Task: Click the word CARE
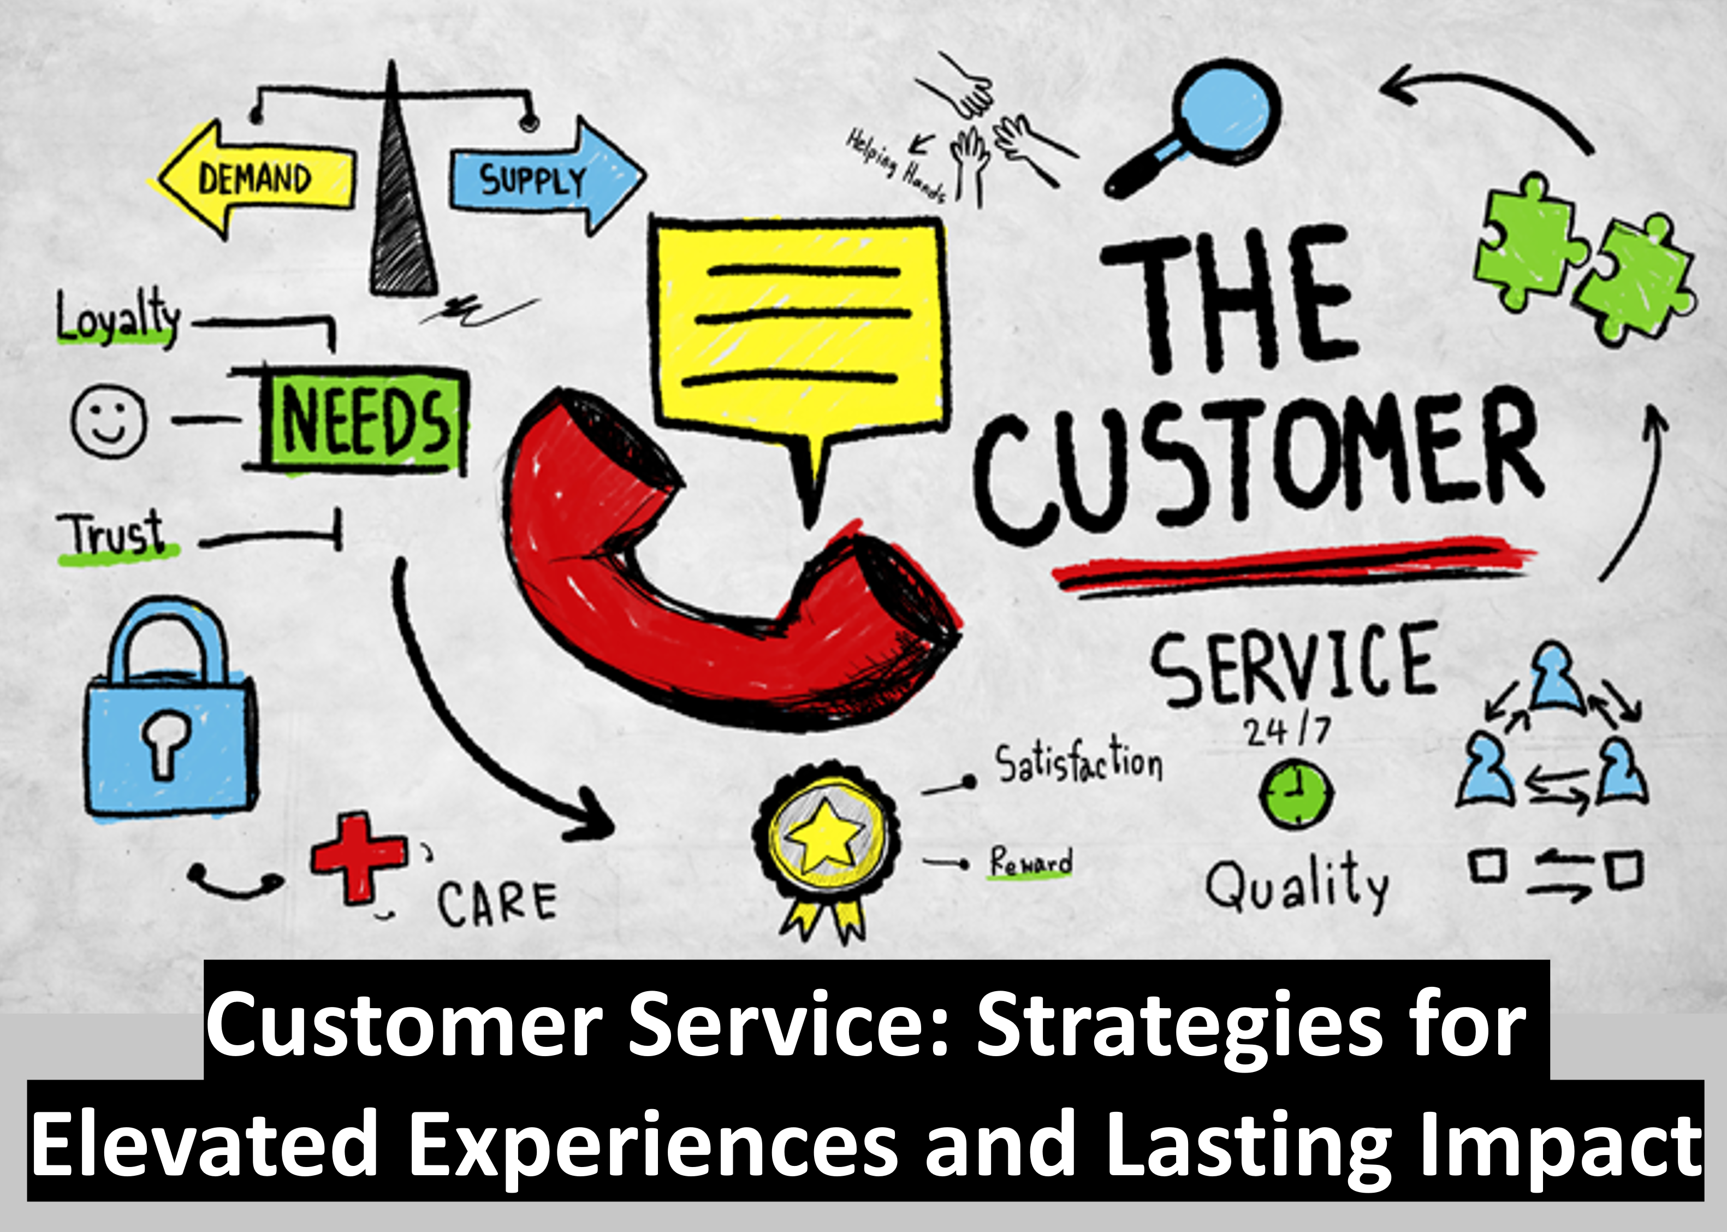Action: click(497, 903)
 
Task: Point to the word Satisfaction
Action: click(1078, 762)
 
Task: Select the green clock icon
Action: click(1296, 793)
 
